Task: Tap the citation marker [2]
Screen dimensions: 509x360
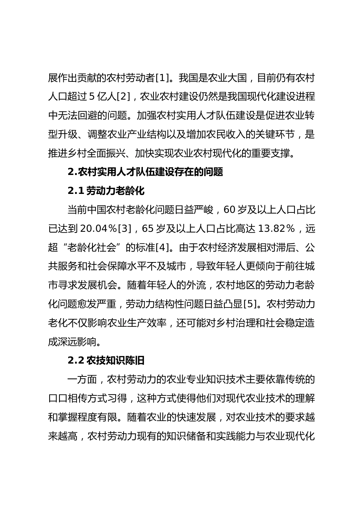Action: pos(124,97)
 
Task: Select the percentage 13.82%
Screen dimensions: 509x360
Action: pos(276,228)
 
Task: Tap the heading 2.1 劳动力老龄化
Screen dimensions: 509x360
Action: pos(106,190)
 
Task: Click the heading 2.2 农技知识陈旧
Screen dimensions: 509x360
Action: pos(106,360)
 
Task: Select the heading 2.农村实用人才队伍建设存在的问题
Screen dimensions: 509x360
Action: pos(145,172)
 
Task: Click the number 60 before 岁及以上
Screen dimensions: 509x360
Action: pos(229,209)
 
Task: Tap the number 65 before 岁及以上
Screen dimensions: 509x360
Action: pos(148,228)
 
